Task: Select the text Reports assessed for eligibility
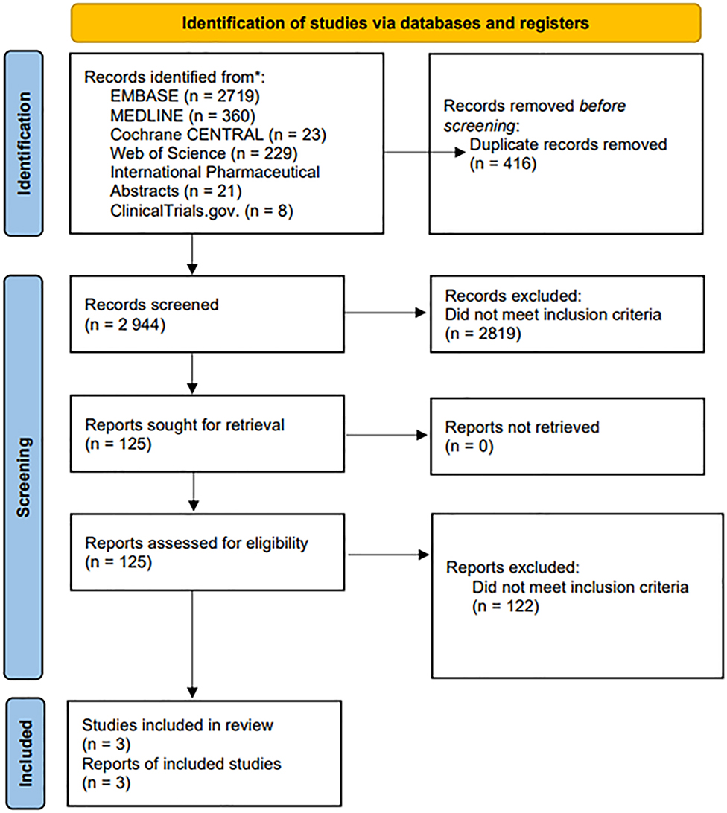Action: point(196,544)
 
